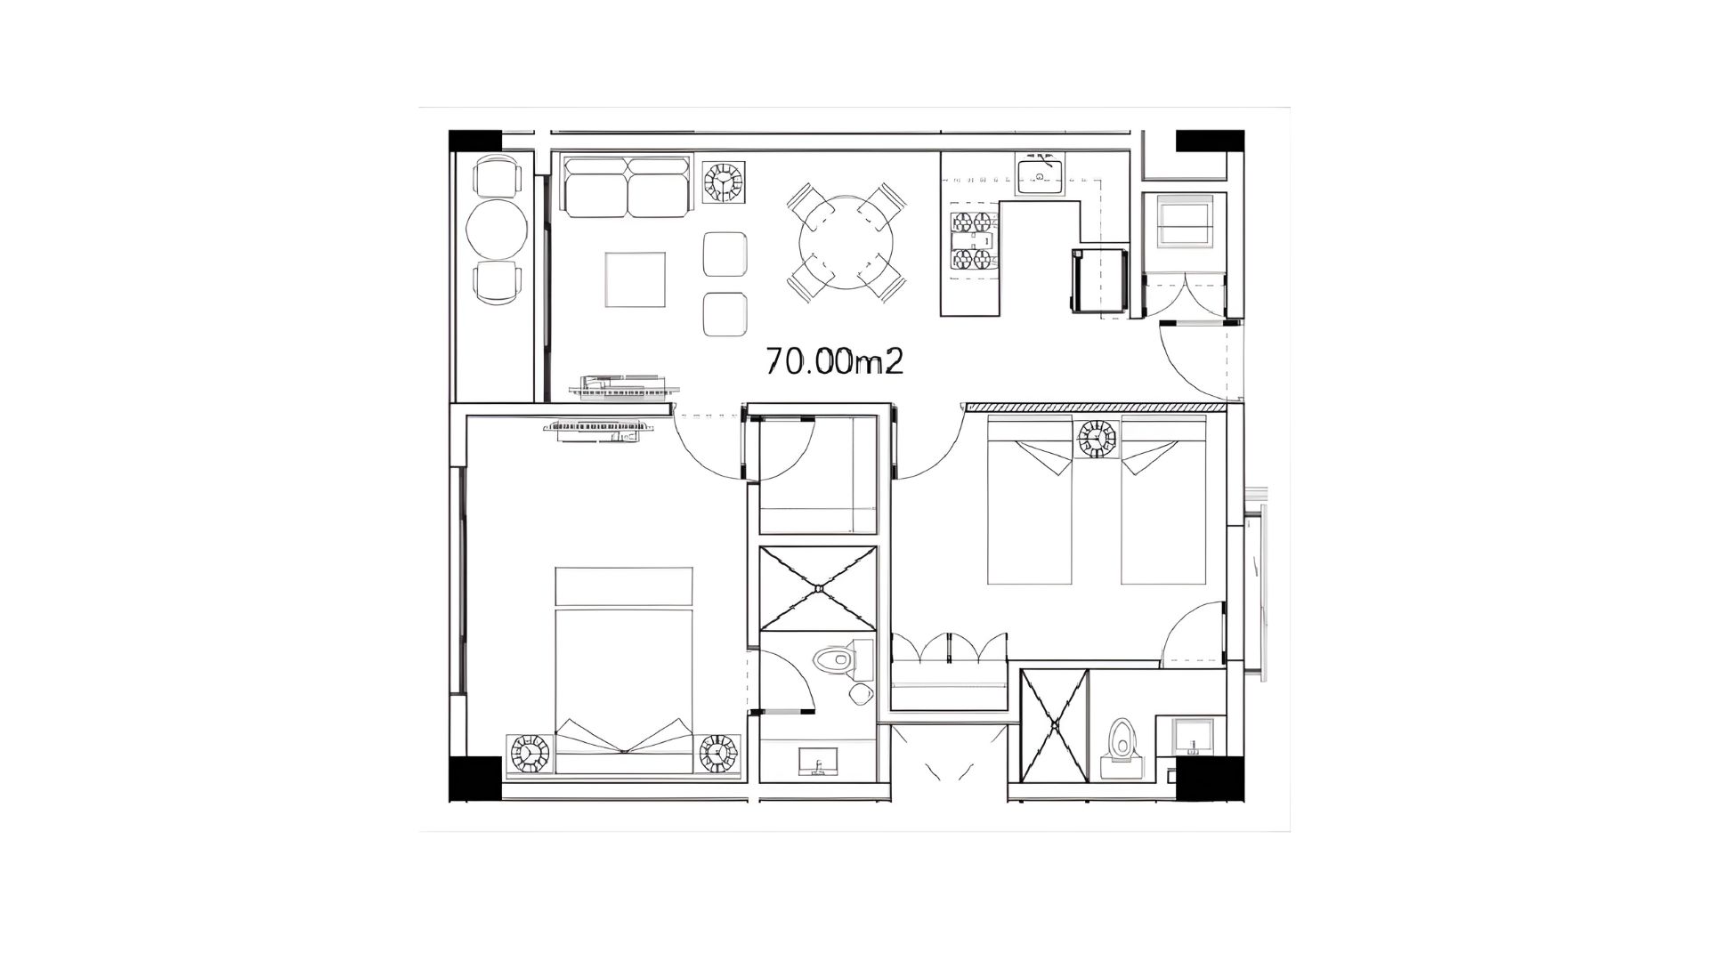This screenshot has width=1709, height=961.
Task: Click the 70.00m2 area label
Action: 835,360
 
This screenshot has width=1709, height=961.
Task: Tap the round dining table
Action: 846,240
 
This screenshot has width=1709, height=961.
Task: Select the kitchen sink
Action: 1040,174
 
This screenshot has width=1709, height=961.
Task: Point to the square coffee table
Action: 636,279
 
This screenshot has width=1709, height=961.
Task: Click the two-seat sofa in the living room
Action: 628,187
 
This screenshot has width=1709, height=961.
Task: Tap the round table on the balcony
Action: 496,229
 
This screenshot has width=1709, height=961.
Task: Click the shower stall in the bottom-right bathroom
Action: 1054,726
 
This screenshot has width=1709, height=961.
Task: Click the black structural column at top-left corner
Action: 475,141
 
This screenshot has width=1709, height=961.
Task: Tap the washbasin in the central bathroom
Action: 818,762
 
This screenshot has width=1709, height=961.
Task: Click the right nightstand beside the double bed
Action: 718,754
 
